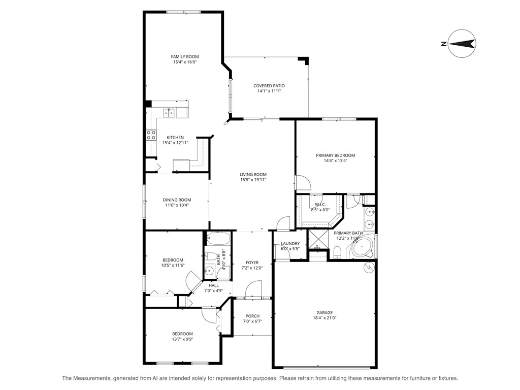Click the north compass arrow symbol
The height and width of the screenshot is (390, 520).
coord(461,44)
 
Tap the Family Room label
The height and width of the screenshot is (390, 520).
coord(184,56)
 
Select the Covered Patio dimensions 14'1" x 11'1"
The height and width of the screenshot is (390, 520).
coord(269,91)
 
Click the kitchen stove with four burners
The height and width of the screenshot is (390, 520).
coord(151,135)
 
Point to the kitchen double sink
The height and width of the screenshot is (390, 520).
coord(169,113)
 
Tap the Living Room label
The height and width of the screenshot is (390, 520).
coord(253,174)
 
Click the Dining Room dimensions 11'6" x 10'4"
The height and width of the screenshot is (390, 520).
coord(177,205)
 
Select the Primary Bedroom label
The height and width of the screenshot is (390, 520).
coord(335,155)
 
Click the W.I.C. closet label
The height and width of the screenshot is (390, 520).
coord(320,204)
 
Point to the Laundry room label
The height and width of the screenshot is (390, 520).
coord(290,243)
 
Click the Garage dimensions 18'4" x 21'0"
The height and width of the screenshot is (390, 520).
coord(324,318)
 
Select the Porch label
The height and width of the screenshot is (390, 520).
coord(252,315)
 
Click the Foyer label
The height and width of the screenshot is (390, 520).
coord(252,263)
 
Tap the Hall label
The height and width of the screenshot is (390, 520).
coord(213,285)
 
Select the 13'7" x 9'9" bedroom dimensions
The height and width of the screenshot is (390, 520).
coord(182,339)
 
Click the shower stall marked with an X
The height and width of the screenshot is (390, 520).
coord(318,239)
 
